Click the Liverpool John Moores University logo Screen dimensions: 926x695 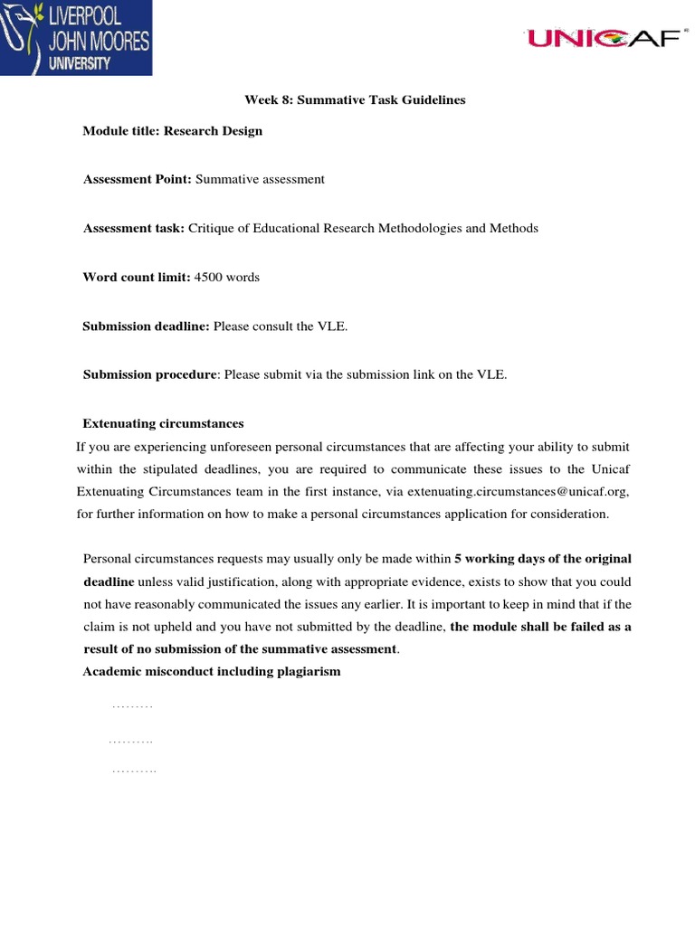(x=76, y=38)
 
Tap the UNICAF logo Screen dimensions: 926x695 (x=602, y=38)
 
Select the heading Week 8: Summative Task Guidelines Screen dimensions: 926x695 (x=355, y=99)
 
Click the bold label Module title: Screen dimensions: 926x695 (x=121, y=130)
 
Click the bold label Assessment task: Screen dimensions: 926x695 (x=134, y=228)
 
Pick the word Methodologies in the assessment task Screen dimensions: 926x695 (x=417, y=228)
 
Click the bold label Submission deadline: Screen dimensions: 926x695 (x=147, y=326)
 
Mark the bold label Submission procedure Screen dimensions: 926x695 (x=150, y=374)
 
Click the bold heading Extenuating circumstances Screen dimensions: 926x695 (x=163, y=423)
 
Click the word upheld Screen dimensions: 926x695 (x=167, y=626)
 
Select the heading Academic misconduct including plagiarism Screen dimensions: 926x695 (x=212, y=671)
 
